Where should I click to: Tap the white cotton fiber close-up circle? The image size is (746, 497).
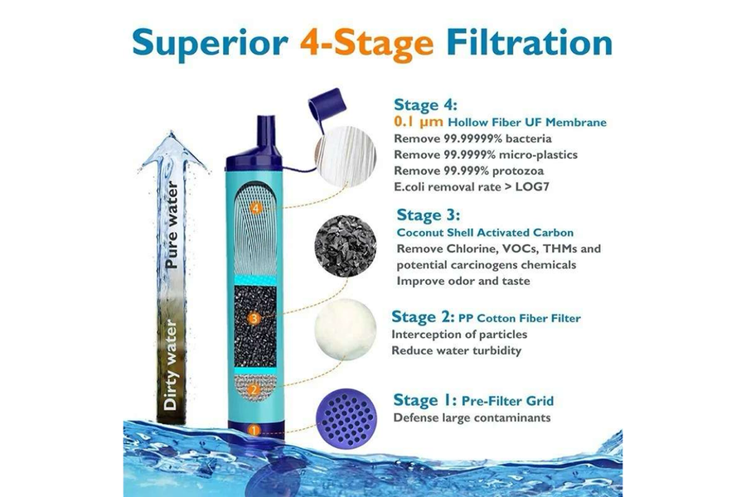click(x=341, y=331)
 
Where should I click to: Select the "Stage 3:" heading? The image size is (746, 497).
click(x=430, y=215)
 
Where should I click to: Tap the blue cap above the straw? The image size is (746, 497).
click(x=320, y=106)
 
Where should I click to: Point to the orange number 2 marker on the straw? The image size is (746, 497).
click(x=254, y=387)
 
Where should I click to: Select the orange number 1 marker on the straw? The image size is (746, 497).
click(x=254, y=429)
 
